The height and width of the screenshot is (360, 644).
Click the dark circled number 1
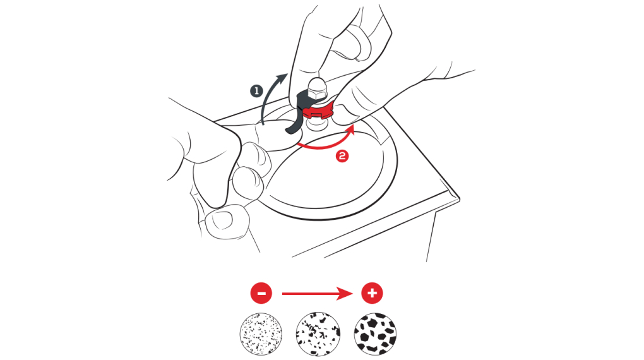pyautogui.click(x=256, y=91)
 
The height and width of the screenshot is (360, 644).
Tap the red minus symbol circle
pyautogui.click(x=261, y=294)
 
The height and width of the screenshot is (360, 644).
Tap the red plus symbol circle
pyautogui.click(x=372, y=294)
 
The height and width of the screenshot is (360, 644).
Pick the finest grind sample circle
pyautogui.click(x=261, y=333)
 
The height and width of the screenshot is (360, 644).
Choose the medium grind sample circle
pyautogui.click(x=318, y=333)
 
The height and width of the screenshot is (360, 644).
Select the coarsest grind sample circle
pyautogui.click(x=375, y=333)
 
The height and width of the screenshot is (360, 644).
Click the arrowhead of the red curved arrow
pyautogui.click(x=352, y=129)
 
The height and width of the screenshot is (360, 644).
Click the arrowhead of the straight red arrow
pyautogui.click(x=349, y=294)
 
